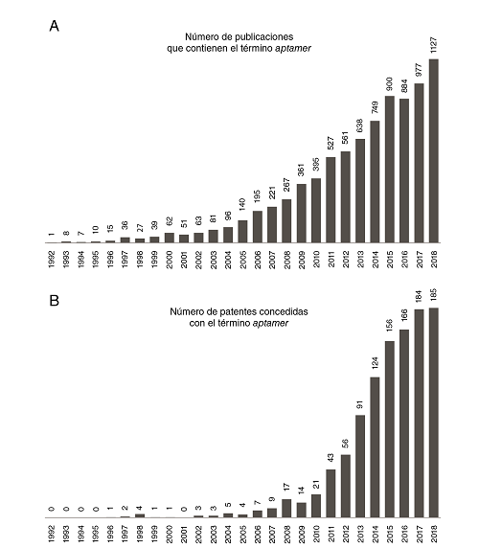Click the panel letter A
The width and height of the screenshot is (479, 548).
pyautogui.click(x=56, y=27)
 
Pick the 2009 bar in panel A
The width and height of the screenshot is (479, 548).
pyautogui.click(x=301, y=212)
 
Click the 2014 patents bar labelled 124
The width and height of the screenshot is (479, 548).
pyautogui.click(x=375, y=447)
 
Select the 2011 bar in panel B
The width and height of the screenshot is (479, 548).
pyautogui.click(x=331, y=498)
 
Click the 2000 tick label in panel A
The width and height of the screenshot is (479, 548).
pyautogui.click(x=169, y=260)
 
